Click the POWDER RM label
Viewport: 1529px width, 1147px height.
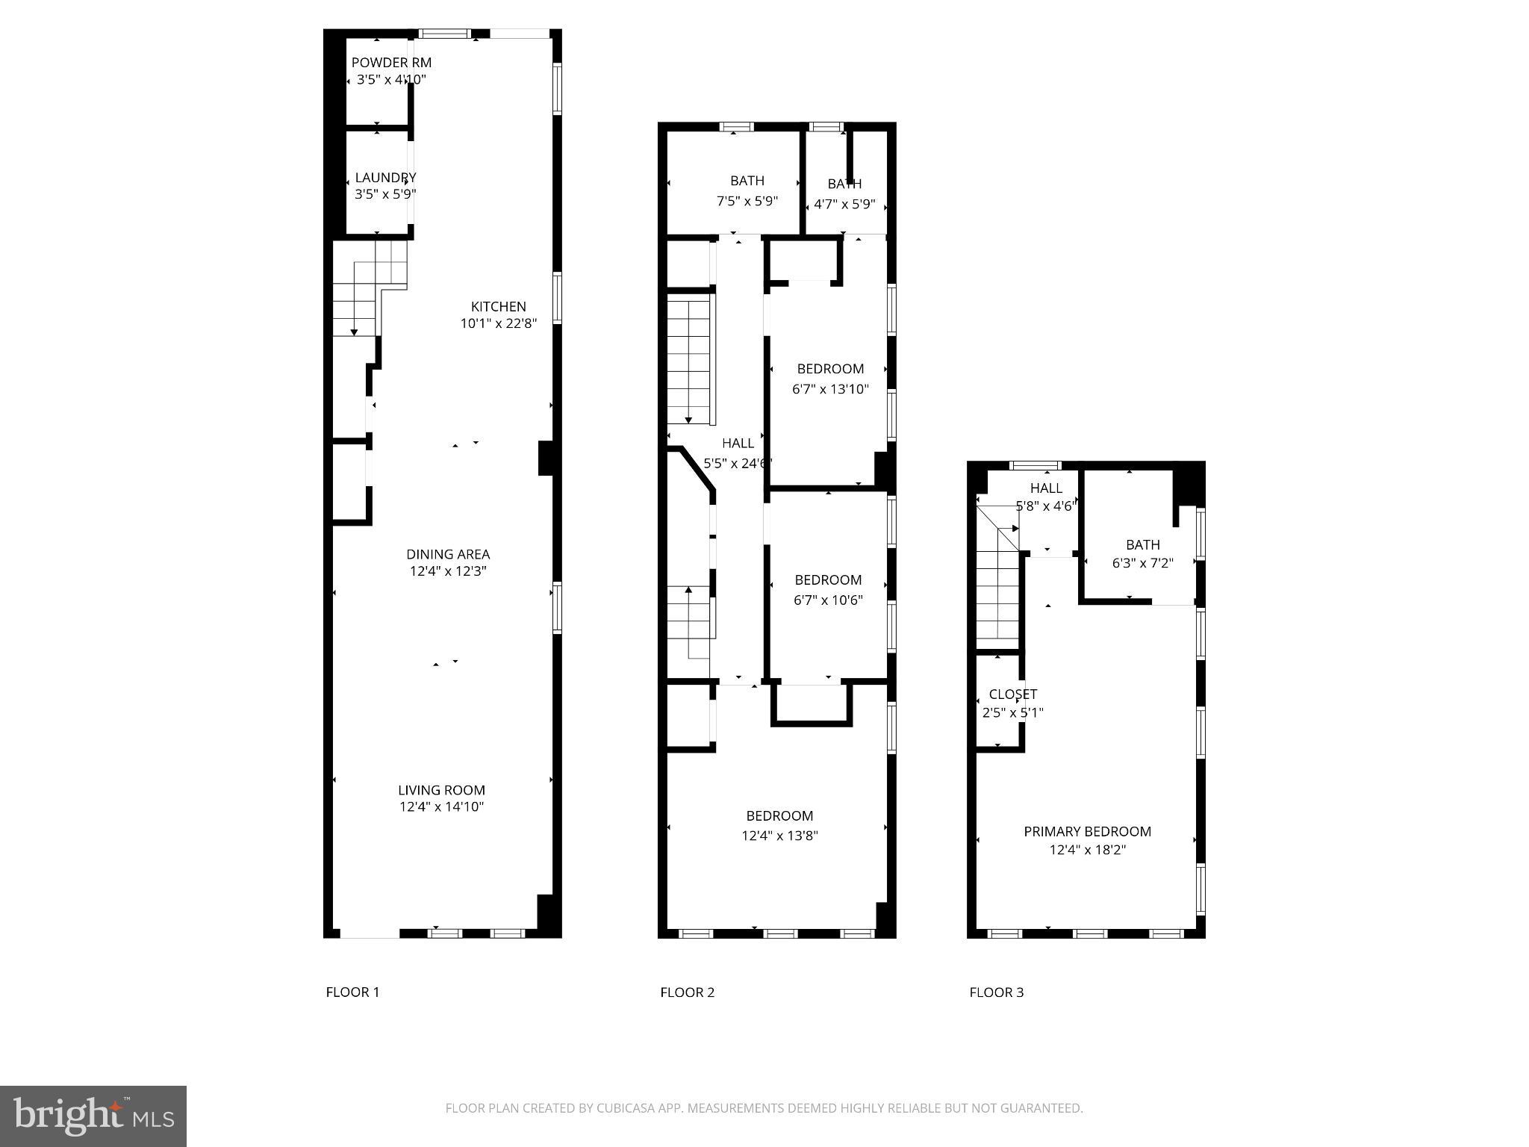[x=391, y=63]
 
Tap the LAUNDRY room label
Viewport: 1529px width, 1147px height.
[x=385, y=178]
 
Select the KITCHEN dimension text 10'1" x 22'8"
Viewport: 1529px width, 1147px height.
[x=499, y=323]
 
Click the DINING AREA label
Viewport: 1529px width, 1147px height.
[x=448, y=554]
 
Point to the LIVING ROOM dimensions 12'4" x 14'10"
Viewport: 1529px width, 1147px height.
[x=442, y=806]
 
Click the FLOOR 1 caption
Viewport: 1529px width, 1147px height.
[x=352, y=992]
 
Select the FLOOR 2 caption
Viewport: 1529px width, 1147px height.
[x=687, y=992]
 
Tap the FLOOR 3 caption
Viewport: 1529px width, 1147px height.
[x=996, y=992]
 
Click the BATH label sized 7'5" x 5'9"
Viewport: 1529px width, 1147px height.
[x=747, y=181]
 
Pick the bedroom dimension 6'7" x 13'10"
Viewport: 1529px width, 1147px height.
[x=830, y=389]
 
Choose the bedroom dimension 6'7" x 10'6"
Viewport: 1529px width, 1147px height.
[x=828, y=600]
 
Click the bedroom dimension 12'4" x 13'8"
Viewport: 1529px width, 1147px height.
[x=779, y=836]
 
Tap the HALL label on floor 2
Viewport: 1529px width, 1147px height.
[x=738, y=444]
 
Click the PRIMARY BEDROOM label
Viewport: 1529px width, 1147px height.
[x=1087, y=831]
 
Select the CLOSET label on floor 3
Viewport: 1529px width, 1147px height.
[x=1012, y=694]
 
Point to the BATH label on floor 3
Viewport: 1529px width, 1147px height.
[x=1142, y=545]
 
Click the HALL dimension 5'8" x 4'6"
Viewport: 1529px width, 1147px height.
[x=1045, y=506]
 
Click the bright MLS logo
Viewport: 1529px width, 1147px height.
[x=93, y=1116]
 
